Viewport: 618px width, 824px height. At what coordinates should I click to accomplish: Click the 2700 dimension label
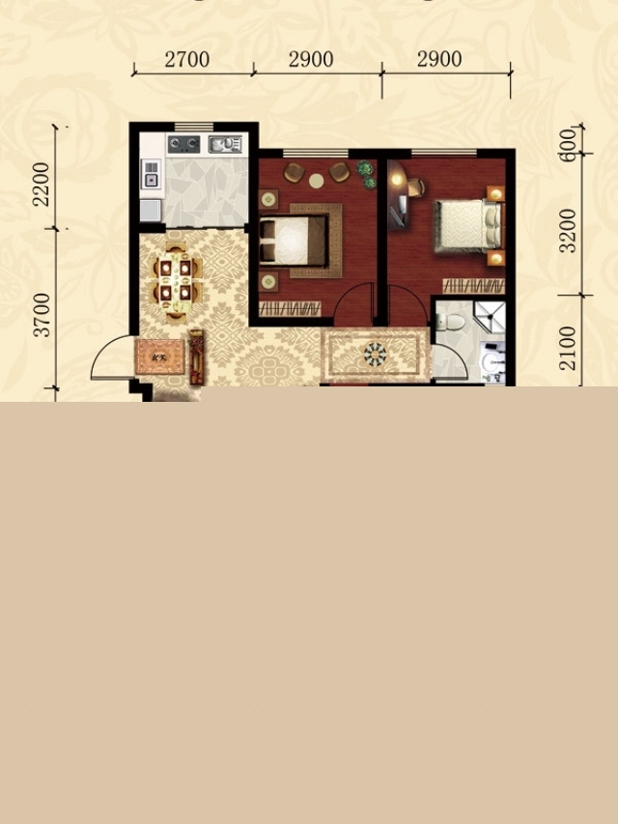click(187, 59)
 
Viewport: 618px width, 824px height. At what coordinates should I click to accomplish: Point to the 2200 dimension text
click(41, 184)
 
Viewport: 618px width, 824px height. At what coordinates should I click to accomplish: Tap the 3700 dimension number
click(41, 315)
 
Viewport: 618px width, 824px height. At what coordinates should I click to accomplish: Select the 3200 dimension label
click(568, 231)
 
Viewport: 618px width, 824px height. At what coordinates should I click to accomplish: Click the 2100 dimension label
click(568, 348)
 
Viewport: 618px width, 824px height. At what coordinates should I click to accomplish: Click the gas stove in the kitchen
click(183, 144)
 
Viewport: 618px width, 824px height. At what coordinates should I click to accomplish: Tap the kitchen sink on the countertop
click(225, 144)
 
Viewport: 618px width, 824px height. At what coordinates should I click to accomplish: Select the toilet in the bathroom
click(450, 322)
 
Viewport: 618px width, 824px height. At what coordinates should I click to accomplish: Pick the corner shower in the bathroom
click(490, 317)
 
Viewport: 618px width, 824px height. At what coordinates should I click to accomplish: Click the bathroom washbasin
click(492, 361)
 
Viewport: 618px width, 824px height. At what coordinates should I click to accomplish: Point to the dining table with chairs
click(176, 281)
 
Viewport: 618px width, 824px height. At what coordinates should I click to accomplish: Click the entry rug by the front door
click(160, 356)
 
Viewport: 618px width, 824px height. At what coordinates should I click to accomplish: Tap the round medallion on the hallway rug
click(376, 354)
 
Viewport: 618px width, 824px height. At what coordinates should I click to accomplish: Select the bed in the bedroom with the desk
click(467, 226)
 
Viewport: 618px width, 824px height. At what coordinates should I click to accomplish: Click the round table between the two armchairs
click(317, 181)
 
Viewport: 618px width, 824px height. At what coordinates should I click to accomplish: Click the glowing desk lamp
click(396, 180)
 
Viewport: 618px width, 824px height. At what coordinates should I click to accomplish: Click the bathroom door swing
click(451, 360)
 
